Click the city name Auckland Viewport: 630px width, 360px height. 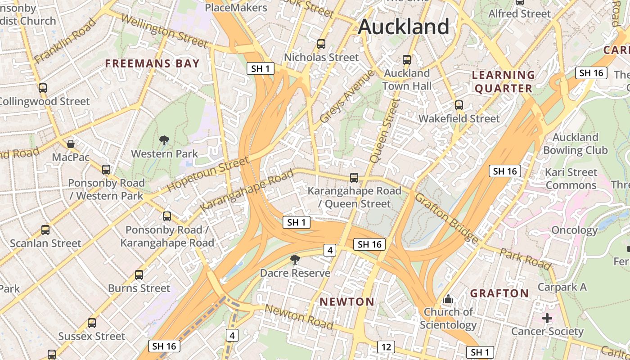coord(404,27)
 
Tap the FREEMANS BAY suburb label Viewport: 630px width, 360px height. coord(152,63)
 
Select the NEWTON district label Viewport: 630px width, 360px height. coord(347,301)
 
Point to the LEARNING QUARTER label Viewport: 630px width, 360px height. coord(504,81)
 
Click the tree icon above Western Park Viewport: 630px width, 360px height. coord(164,140)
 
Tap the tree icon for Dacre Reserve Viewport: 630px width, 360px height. coord(295,259)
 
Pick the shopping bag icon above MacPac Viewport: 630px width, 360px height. coord(71,144)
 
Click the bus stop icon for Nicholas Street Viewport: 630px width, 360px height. coord(321,44)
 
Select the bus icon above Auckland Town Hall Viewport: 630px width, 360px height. coord(407,59)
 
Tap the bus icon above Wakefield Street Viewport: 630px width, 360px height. coord(459,105)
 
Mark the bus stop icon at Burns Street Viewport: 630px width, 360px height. coord(139,274)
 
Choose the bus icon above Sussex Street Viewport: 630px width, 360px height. coord(92,323)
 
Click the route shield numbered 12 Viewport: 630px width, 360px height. coord(386,347)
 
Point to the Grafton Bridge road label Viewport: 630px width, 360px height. coord(446,218)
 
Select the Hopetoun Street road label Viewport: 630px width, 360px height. coord(208,174)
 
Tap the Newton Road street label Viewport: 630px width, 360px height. coord(299,317)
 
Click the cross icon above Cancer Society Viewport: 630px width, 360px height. coord(547,319)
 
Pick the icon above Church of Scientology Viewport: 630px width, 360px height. coord(448,299)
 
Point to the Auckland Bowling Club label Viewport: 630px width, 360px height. coord(575,144)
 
